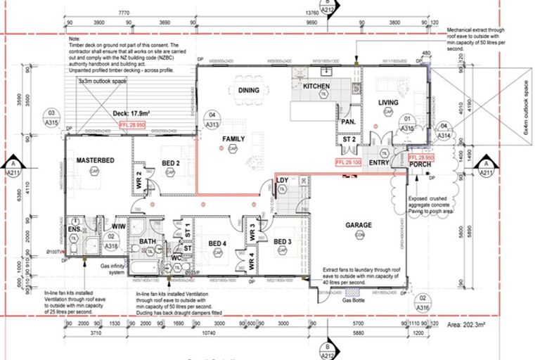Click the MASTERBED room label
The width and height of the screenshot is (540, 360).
[x=90, y=160]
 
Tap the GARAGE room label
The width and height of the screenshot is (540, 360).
[x=358, y=226]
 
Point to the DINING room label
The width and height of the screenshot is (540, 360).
[x=248, y=91]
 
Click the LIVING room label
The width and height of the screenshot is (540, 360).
[x=389, y=103]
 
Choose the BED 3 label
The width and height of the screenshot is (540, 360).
[x=283, y=243]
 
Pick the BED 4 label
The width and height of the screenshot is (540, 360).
[x=217, y=244]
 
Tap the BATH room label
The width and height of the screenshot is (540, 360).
[x=147, y=242]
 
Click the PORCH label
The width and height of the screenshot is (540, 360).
[x=420, y=165]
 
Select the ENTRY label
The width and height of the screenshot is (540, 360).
[x=379, y=163]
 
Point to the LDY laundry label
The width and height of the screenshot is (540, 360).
[x=282, y=181]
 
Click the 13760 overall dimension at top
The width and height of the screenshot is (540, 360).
[x=330, y=13]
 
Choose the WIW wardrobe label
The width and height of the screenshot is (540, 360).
[x=118, y=226]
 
